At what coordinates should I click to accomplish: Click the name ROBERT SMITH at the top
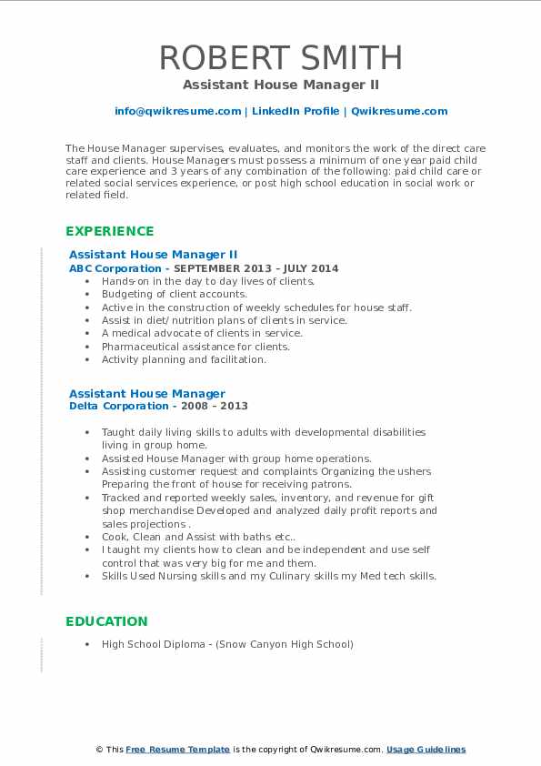point(280,57)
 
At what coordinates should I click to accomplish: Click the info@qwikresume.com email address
point(177,111)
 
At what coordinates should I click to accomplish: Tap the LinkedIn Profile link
point(295,111)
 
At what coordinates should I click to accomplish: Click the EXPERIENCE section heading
point(109,231)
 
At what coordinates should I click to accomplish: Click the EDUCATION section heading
point(105,621)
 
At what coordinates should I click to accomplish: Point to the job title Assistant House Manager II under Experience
point(153,255)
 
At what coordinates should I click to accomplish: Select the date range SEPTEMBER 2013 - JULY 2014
point(255,268)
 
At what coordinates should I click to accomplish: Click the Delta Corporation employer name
point(119,406)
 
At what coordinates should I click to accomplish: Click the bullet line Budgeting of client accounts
point(174,294)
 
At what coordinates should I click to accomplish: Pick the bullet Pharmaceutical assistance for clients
point(195,346)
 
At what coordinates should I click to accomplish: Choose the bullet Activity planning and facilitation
point(184,359)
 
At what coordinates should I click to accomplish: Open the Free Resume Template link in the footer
point(178,750)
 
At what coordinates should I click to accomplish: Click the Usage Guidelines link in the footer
point(426,750)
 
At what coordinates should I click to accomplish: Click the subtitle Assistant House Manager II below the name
point(280,85)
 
